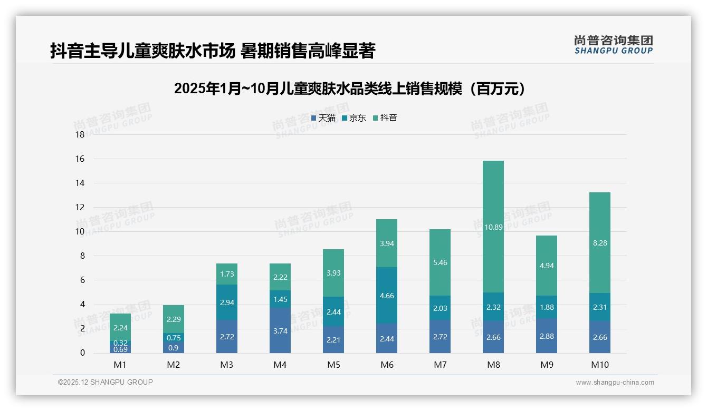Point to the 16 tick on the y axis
pos(80,159)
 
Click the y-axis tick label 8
pos(82,256)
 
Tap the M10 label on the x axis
pos(599,365)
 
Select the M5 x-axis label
pos(333,365)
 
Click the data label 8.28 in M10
pos(599,243)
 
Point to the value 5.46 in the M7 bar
pos(440,262)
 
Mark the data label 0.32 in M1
pos(121,342)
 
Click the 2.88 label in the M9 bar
pos(547,336)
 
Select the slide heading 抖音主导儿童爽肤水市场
pos(142,51)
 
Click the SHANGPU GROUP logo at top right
pos(613,45)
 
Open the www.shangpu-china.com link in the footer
pos(615,383)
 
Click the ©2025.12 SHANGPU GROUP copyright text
pos(105,382)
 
